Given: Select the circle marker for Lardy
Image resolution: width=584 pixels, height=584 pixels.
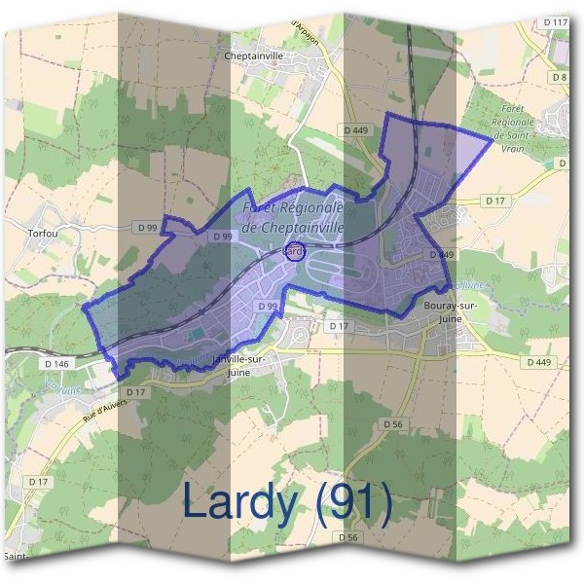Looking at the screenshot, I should [294, 252].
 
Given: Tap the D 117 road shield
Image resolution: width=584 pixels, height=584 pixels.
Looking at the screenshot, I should [556, 21].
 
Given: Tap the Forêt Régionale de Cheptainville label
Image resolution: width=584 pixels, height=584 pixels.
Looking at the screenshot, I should [294, 217].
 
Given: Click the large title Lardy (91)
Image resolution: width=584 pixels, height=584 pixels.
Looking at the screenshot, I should [287, 503].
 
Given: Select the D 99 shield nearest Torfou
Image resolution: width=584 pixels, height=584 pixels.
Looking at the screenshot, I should [148, 227].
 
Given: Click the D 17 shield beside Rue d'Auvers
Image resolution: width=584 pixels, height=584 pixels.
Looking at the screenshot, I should [134, 392].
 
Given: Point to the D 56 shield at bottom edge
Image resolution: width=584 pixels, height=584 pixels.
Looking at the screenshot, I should [348, 537].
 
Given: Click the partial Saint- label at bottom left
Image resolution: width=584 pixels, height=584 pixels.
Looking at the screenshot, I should [16, 557].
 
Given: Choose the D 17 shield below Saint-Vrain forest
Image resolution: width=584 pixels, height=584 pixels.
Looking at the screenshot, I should [496, 201].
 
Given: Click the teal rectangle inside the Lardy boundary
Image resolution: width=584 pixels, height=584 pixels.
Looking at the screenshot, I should [199, 335].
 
